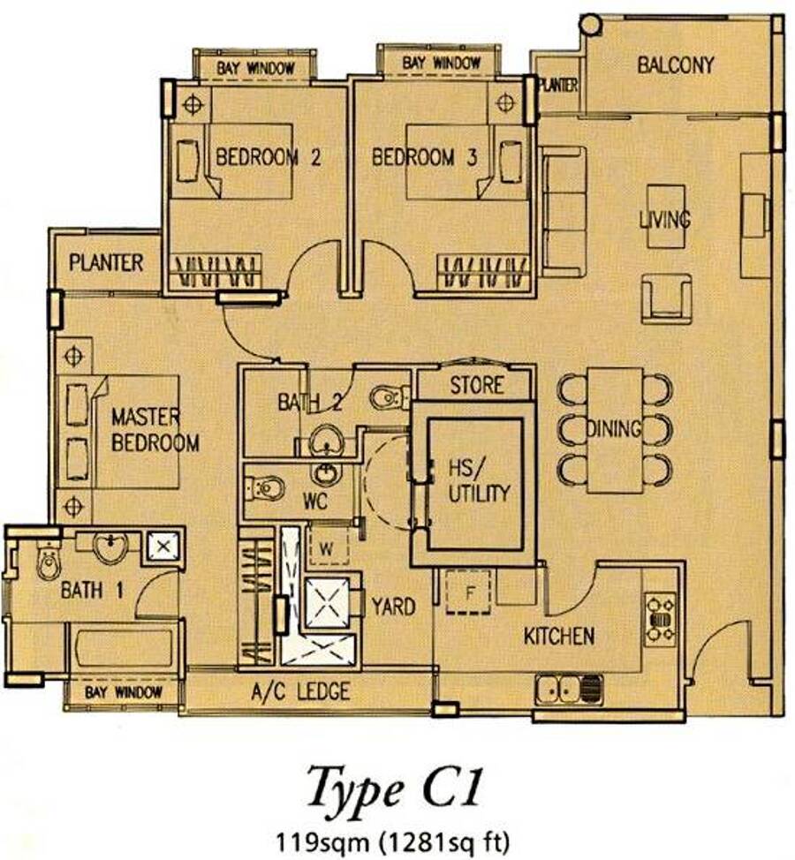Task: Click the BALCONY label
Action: point(676,65)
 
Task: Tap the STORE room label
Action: point(477,385)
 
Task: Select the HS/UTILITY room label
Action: point(479,481)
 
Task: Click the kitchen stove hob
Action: point(661,620)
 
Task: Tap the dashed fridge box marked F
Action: point(468,592)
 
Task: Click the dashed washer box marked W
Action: point(328,547)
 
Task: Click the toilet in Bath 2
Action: point(389,397)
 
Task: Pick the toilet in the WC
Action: point(265,488)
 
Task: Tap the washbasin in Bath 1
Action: point(110,547)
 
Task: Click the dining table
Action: point(615,430)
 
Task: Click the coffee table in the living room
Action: point(666,216)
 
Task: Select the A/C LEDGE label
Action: point(300,691)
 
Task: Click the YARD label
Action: point(393,607)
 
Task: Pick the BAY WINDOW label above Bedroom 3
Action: point(441,63)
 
